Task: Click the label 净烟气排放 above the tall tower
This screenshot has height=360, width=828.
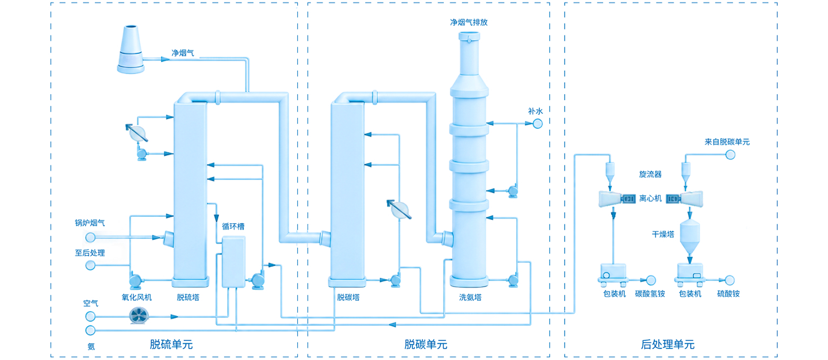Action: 469,22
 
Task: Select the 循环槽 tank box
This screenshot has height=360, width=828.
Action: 233,262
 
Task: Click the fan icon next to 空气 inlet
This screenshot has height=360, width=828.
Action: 139,316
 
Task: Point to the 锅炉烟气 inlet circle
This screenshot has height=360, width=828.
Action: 90,238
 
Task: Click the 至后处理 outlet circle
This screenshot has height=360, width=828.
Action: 90,265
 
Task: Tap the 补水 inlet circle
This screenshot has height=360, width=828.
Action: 538,124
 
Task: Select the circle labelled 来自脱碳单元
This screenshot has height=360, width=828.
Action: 730,155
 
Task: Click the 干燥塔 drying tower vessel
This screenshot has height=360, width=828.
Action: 690,236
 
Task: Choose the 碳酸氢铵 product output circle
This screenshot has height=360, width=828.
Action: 651,281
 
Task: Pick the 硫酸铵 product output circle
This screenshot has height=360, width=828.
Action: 730,281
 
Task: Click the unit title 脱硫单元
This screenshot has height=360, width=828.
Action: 171,344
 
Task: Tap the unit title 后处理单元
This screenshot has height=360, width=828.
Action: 668,344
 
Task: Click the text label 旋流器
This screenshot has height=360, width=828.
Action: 650,174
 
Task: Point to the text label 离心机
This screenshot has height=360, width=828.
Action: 650,198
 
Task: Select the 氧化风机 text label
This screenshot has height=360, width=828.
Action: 137,297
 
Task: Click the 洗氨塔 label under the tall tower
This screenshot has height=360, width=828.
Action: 470,297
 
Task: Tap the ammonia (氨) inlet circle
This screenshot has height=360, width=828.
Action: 90,330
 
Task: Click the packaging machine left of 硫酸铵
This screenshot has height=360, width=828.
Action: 690,275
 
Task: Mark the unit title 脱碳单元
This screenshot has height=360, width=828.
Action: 426,344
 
